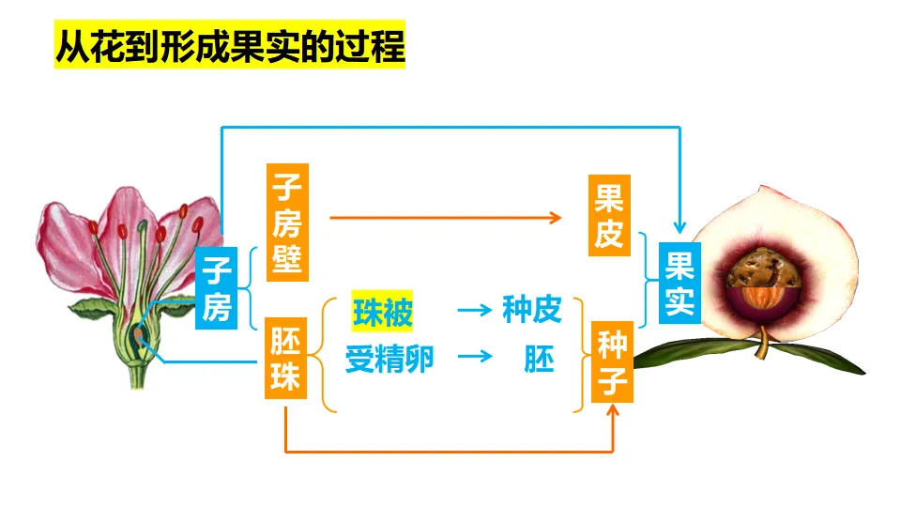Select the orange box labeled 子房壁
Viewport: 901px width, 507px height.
[x=288, y=222]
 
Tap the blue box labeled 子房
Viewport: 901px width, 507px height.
[x=217, y=289]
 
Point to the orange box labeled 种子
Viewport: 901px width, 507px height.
[x=611, y=361]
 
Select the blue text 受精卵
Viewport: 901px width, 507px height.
[x=389, y=359]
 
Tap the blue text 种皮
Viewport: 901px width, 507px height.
[x=531, y=311]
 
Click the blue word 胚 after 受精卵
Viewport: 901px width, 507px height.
[x=539, y=359]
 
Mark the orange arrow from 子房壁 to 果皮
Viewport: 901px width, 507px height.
[x=446, y=217]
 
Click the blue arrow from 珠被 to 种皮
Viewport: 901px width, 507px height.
[x=474, y=310]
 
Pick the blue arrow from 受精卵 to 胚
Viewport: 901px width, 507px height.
[x=474, y=357]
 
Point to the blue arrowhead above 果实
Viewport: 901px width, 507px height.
[x=680, y=227]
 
